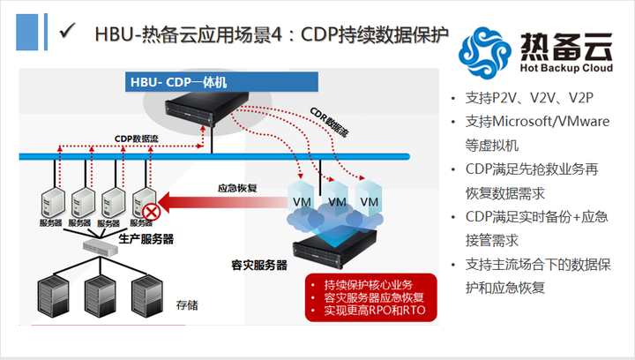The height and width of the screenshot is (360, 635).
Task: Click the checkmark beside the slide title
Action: (67, 31)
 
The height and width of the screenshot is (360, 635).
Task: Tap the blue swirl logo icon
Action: (484, 52)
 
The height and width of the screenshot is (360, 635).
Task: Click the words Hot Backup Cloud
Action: (566, 68)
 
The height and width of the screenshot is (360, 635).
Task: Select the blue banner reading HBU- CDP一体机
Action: (221, 82)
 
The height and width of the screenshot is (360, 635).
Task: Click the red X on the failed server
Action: (151, 212)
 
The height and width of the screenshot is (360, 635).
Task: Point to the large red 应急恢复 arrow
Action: (223, 202)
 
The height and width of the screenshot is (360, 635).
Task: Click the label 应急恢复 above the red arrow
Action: (237, 188)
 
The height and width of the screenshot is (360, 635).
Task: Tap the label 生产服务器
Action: (146, 239)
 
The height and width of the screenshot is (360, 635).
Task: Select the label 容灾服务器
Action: (259, 266)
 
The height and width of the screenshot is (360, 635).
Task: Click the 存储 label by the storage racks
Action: (187, 305)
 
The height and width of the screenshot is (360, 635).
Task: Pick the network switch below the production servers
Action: (101, 246)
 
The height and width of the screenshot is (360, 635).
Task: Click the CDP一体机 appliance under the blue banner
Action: (206, 109)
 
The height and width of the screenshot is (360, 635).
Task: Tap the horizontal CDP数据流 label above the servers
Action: (137, 139)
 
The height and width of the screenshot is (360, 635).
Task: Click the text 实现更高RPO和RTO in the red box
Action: (375, 311)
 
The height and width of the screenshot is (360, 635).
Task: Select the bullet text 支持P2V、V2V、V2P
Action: (530, 98)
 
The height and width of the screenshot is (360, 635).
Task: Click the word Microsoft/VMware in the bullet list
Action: (550, 122)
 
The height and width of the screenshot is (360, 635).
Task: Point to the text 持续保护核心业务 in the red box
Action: (369, 285)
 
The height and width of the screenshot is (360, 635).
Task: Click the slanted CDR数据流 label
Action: (328, 122)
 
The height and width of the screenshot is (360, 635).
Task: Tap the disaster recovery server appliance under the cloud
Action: (334, 248)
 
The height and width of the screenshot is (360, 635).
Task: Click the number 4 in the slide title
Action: (276, 34)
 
